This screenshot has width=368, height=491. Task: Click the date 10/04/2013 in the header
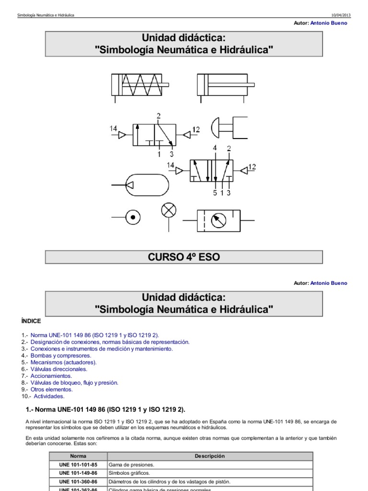click(341, 15)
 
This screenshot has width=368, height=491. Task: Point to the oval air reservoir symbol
click(147, 185)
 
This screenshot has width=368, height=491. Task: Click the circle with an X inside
click(169, 210)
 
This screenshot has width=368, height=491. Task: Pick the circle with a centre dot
click(133, 217)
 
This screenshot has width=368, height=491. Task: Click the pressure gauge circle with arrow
click(218, 221)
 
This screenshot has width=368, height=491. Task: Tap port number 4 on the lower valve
click(215, 148)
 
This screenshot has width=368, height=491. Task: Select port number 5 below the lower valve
click(215, 193)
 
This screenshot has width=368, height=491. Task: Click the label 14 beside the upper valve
click(113, 129)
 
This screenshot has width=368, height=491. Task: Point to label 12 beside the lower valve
click(252, 167)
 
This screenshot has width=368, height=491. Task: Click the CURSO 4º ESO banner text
click(184, 257)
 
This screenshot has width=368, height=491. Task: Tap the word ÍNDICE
click(31, 321)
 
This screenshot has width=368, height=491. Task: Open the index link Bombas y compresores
click(61, 356)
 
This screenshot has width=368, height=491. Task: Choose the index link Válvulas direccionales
click(59, 369)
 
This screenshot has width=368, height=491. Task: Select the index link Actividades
click(49, 397)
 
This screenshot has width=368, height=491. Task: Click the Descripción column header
click(210, 456)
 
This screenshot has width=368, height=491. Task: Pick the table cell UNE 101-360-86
click(78, 481)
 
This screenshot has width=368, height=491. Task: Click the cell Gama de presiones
click(131, 465)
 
